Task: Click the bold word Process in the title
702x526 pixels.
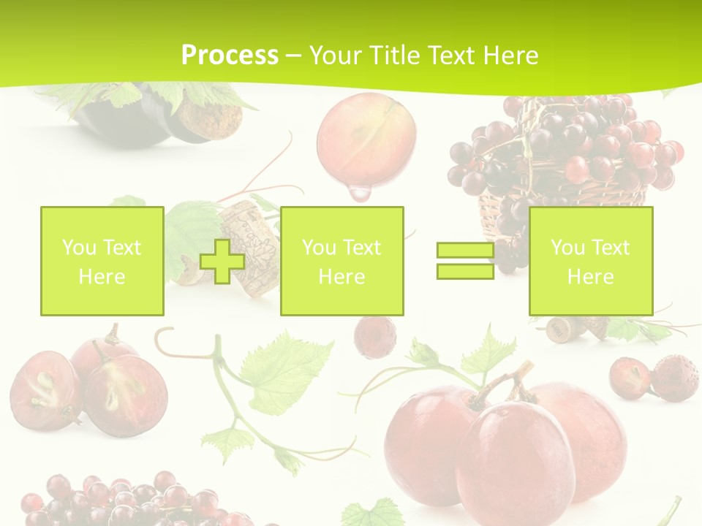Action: pyautogui.click(x=230, y=56)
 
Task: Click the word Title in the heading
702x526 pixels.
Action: pyautogui.click(x=395, y=56)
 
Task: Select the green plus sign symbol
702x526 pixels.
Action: pyautogui.click(x=222, y=261)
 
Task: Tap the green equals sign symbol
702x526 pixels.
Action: pyautogui.click(x=465, y=261)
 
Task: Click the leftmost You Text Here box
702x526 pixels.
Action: pyautogui.click(x=102, y=261)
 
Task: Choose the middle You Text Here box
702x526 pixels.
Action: pyautogui.click(x=341, y=261)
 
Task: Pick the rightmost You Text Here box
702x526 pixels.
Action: pyautogui.click(x=590, y=261)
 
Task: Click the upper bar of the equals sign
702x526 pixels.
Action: pyautogui.click(x=465, y=251)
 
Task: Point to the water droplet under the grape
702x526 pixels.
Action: pyautogui.click(x=359, y=193)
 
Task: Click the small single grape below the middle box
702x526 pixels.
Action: pyautogui.click(x=375, y=337)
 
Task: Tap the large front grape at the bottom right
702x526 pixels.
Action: pyautogui.click(x=512, y=453)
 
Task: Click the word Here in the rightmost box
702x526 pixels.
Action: pyautogui.click(x=590, y=277)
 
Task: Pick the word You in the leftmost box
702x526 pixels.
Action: pyautogui.click(x=79, y=248)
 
